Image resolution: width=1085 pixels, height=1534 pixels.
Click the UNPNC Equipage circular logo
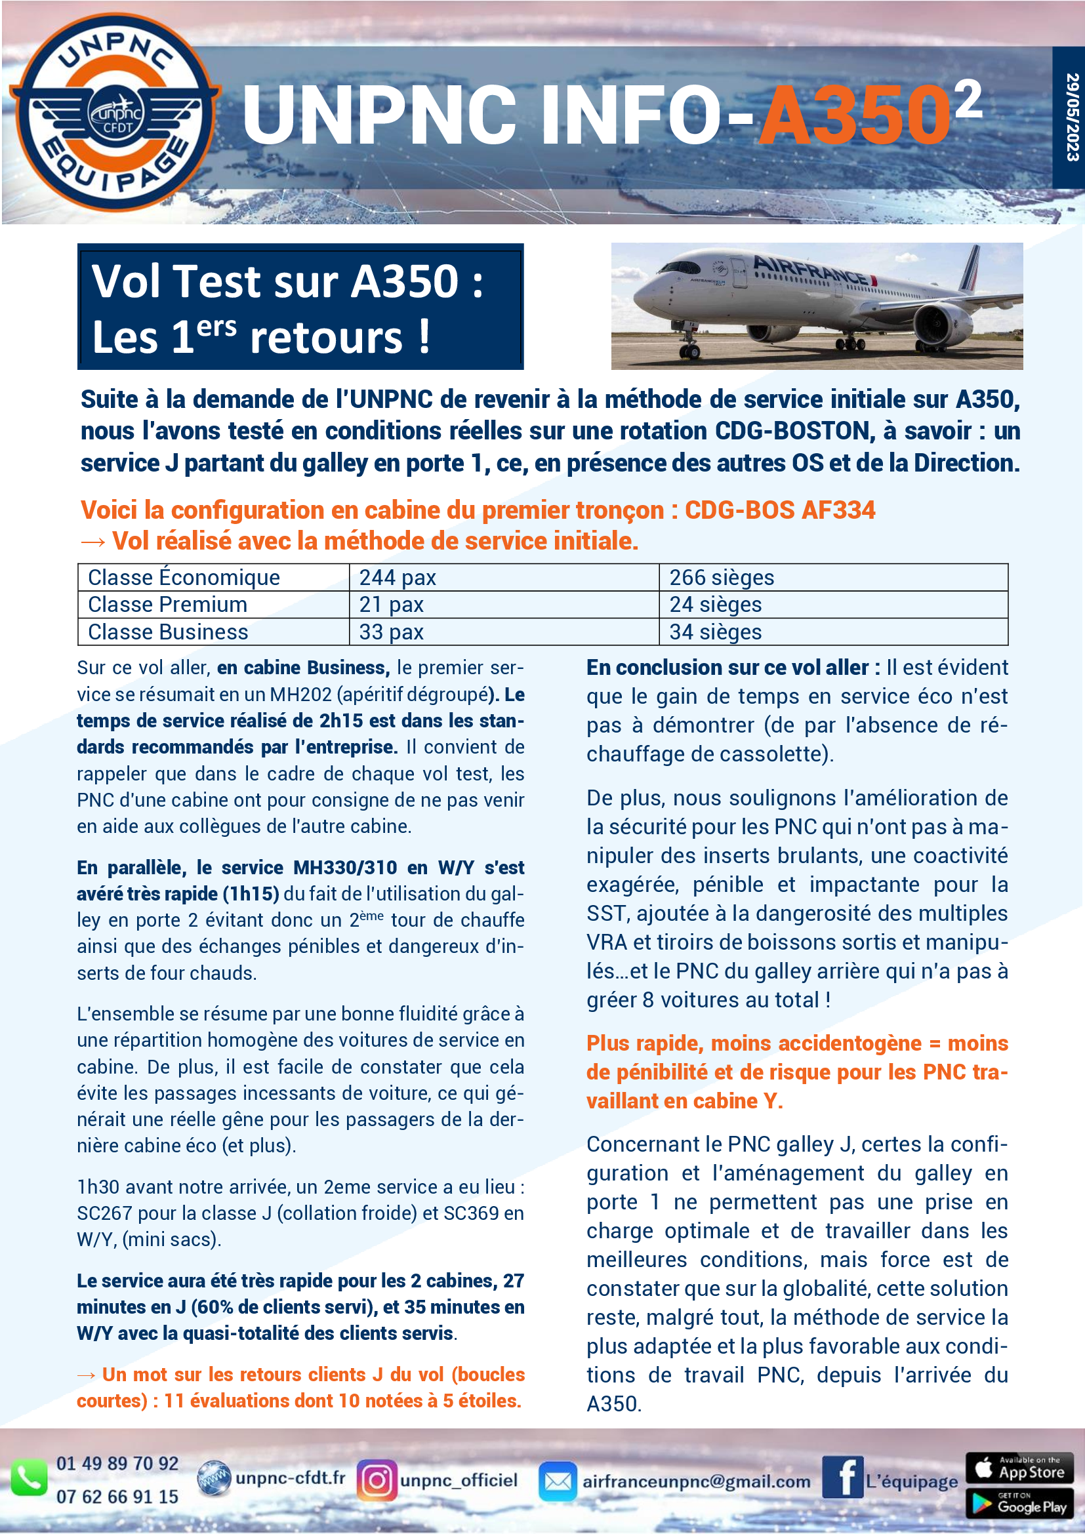[115, 111]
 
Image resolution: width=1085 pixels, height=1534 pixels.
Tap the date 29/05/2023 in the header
[1071, 117]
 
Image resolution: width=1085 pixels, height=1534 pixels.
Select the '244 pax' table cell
[398, 577]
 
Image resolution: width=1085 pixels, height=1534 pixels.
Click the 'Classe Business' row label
[169, 632]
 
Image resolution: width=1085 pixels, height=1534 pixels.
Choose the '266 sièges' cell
[722, 577]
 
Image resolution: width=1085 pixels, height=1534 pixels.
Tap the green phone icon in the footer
[29, 1478]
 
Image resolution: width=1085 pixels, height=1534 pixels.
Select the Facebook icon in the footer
[842, 1477]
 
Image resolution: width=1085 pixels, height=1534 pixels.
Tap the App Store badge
[1019, 1468]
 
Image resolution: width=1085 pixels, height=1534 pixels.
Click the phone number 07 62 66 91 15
[117, 1497]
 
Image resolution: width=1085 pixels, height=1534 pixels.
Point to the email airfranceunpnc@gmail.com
[695, 1482]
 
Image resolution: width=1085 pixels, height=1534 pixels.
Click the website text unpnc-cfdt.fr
[290, 1478]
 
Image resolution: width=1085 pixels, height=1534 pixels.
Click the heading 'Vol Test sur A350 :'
[287, 281]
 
